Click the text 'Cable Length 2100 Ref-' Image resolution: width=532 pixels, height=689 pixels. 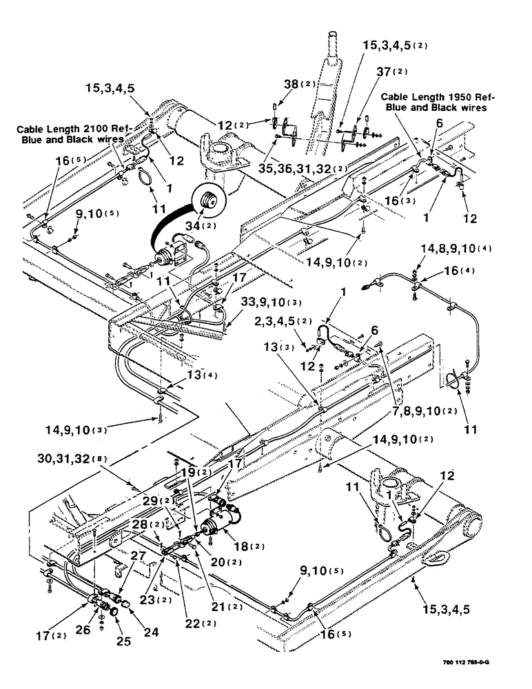74,129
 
